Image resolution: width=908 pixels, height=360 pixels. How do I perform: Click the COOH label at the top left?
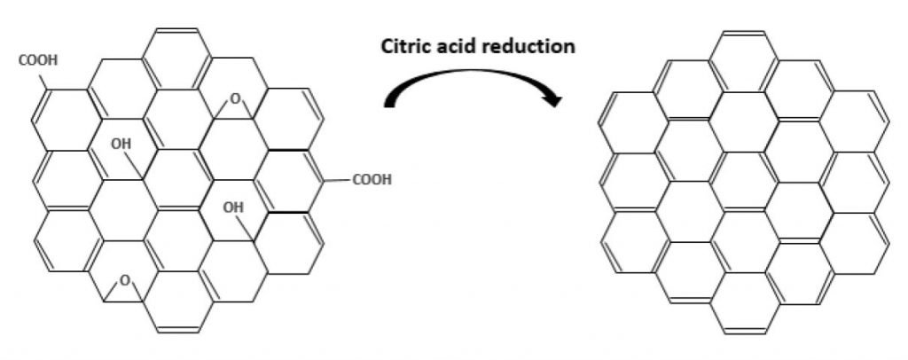[38, 61]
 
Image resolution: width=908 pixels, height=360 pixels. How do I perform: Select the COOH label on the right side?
[372, 180]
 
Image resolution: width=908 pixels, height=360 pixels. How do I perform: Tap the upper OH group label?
[121, 145]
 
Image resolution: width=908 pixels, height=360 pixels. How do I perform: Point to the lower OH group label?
[233, 207]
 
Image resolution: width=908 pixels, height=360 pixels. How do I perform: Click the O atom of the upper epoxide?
[234, 99]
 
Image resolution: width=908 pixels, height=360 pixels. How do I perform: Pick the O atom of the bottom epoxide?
[124, 281]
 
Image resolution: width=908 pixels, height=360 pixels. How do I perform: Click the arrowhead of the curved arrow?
[553, 98]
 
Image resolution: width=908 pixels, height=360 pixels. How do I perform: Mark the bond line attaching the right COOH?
[336, 181]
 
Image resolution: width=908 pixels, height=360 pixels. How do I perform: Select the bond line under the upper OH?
[135, 166]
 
